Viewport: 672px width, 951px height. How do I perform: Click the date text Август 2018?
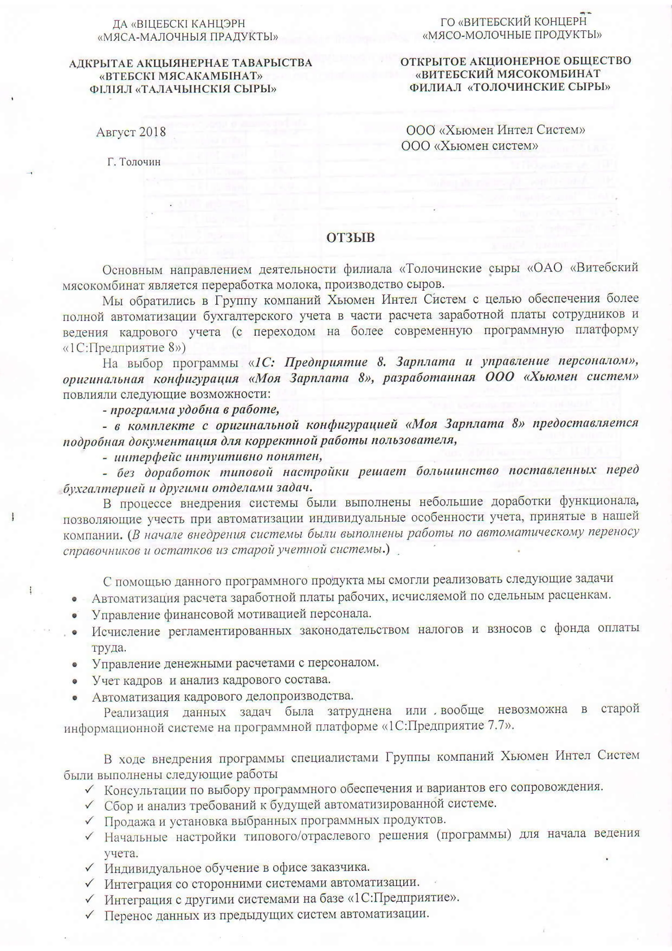click(x=131, y=132)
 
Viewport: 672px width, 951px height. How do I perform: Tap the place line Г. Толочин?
click(x=134, y=162)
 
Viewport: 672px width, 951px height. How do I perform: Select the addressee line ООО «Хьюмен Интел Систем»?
click(x=495, y=130)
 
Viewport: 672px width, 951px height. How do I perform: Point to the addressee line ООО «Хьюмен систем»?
click(x=470, y=146)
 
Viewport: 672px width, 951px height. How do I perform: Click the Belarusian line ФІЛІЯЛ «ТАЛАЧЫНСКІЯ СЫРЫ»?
click(x=183, y=89)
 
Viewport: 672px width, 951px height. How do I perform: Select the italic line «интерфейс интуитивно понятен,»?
click(x=213, y=457)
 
